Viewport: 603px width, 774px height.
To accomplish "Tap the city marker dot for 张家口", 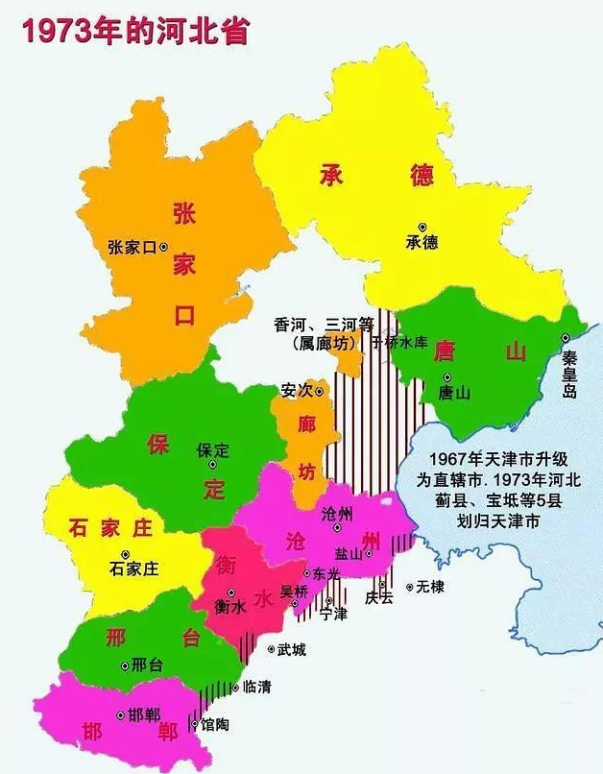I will [163, 247].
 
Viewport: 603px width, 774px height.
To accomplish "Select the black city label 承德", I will [421, 242].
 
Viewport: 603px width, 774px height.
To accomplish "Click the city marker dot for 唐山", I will [447, 377].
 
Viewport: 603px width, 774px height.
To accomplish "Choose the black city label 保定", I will [213, 449].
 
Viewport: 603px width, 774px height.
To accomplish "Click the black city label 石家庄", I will [134, 568].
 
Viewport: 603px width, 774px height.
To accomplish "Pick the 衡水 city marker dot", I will [230, 593].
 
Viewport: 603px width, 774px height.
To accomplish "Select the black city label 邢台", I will [146, 665].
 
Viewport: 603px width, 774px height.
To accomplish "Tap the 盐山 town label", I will [349, 553].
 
